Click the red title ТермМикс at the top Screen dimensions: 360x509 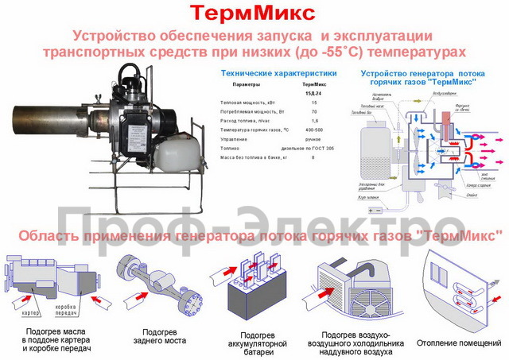click(254, 14)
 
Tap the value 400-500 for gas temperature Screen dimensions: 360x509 click(313, 128)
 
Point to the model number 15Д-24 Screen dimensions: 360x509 click(313, 93)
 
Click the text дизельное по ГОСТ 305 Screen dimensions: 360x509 click(313, 149)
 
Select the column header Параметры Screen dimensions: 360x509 click(246, 83)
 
